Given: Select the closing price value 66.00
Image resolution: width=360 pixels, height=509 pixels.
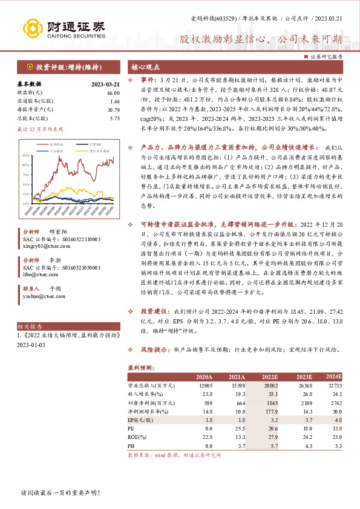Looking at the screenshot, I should pyautogui.click(x=114, y=93).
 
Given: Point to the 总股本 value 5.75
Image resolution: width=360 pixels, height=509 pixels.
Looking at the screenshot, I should pyautogui.click(x=114, y=119).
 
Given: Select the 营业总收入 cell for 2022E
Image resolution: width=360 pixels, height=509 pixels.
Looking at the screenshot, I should pyautogui.click(x=270, y=385).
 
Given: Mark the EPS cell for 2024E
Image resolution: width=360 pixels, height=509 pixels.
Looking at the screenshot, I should pyautogui.click(x=338, y=418).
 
